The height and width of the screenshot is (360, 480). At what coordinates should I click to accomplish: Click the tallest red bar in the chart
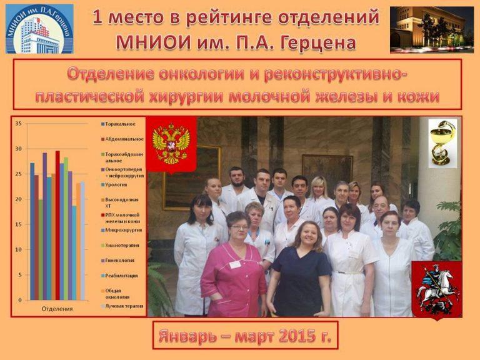(x=57, y=225)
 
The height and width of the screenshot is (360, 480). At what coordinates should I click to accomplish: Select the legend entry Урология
(x=116, y=184)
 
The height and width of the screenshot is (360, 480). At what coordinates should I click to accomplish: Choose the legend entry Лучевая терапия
(x=123, y=306)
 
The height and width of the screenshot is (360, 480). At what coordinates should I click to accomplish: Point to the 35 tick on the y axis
(x=18, y=124)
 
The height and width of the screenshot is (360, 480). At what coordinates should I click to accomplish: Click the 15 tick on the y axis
(x=18, y=224)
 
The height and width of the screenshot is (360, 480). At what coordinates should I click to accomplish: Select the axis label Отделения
(x=57, y=309)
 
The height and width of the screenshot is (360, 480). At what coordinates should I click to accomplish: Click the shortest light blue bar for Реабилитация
(x=74, y=253)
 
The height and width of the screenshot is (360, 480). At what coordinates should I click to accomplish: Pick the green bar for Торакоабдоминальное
(x=41, y=250)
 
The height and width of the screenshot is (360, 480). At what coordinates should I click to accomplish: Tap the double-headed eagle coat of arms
(x=171, y=144)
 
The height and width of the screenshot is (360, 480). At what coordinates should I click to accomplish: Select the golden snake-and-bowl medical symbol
(x=442, y=143)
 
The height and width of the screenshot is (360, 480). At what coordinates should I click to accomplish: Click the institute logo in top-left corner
(x=39, y=29)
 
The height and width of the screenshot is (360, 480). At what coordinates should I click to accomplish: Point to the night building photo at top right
(x=431, y=29)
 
